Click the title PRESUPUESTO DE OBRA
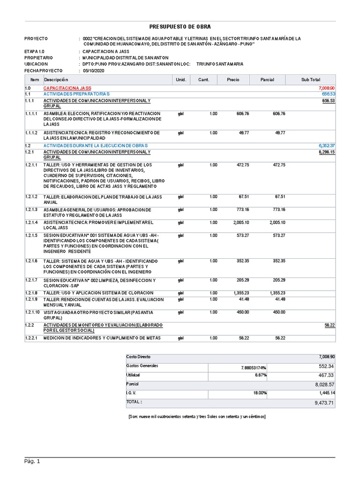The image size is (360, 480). coord(180,27)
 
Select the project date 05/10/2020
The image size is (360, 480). coord(94,71)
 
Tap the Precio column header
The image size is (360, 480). coord(232,80)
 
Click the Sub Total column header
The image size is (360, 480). coord(310,80)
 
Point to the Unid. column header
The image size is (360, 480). coord(181,80)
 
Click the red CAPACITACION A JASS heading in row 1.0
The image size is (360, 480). coord(67,88)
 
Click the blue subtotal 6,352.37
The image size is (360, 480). coord(326,146)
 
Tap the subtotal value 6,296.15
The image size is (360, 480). coord(326,152)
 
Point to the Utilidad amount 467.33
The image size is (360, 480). coord(326,375)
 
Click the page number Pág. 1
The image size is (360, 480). coord(32,462)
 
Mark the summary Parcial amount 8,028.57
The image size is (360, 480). coord(324,384)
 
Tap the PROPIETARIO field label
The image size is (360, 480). coord(39,58)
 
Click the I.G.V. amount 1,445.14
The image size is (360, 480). coord(324,393)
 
